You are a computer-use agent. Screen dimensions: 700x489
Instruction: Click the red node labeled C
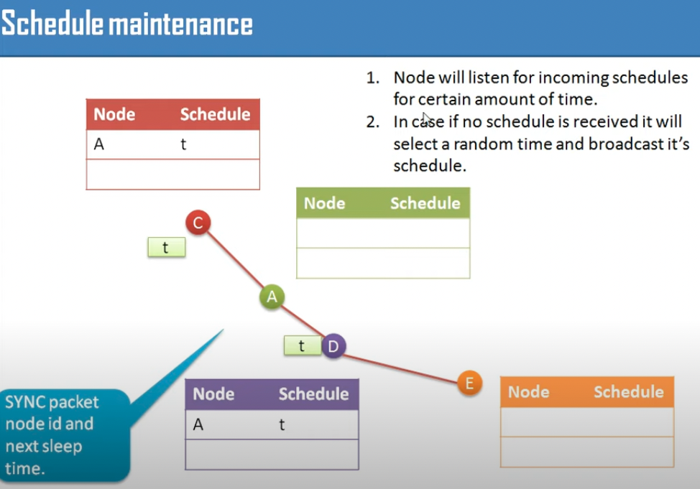click(198, 222)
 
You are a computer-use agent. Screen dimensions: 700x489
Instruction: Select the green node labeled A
click(272, 297)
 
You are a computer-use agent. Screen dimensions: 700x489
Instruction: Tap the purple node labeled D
click(333, 346)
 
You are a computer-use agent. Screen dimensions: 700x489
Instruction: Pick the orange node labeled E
click(469, 383)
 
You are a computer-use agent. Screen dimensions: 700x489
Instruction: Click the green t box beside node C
click(167, 247)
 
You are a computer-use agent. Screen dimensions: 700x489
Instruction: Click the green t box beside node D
click(303, 345)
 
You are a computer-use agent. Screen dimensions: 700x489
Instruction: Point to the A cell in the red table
click(99, 144)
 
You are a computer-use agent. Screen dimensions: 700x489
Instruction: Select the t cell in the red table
click(183, 144)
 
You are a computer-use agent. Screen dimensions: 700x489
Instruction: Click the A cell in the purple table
click(198, 424)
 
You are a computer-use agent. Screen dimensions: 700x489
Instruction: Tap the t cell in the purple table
click(282, 424)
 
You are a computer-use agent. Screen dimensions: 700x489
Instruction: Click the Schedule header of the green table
click(425, 203)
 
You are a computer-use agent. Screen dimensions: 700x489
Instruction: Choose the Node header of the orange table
click(528, 392)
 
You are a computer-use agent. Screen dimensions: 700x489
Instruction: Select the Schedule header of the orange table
click(629, 392)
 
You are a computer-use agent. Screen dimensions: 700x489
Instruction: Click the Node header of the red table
click(114, 114)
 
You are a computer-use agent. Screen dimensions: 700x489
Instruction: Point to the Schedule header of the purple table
click(314, 394)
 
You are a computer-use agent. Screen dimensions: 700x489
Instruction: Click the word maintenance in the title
click(181, 24)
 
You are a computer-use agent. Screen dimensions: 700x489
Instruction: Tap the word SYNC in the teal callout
click(24, 402)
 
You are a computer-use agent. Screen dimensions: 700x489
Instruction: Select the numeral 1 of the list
click(371, 78)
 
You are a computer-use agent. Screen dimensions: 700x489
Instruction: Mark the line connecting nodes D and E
click(400, 369)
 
